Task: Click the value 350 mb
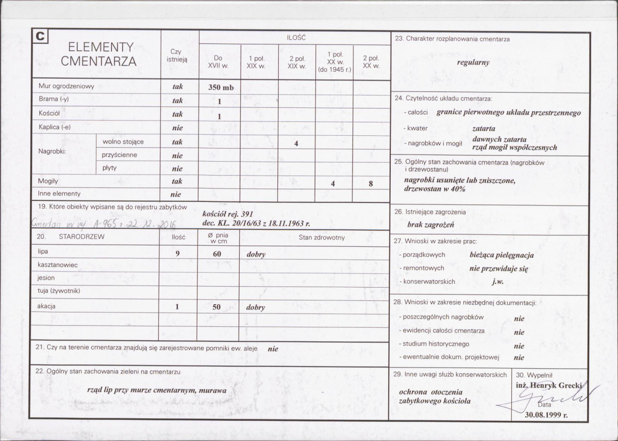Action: [x=221, y=87]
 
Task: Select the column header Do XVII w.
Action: [x=219, y=62]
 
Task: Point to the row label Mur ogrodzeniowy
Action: [x=66, y=86]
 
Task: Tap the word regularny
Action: [x=473, y=62]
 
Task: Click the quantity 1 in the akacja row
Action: [x=177, y=307]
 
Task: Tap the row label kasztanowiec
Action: [x=57, y=265]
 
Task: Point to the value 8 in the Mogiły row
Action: [x=371, y=183]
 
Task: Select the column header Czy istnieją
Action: [x=177, y=55]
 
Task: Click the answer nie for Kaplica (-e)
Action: [x=177, y=128]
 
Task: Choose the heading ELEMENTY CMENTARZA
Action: [x=98, y=54]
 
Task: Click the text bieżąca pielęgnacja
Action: [x=502, y=255]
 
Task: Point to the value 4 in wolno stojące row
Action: [x=296, y=144]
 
